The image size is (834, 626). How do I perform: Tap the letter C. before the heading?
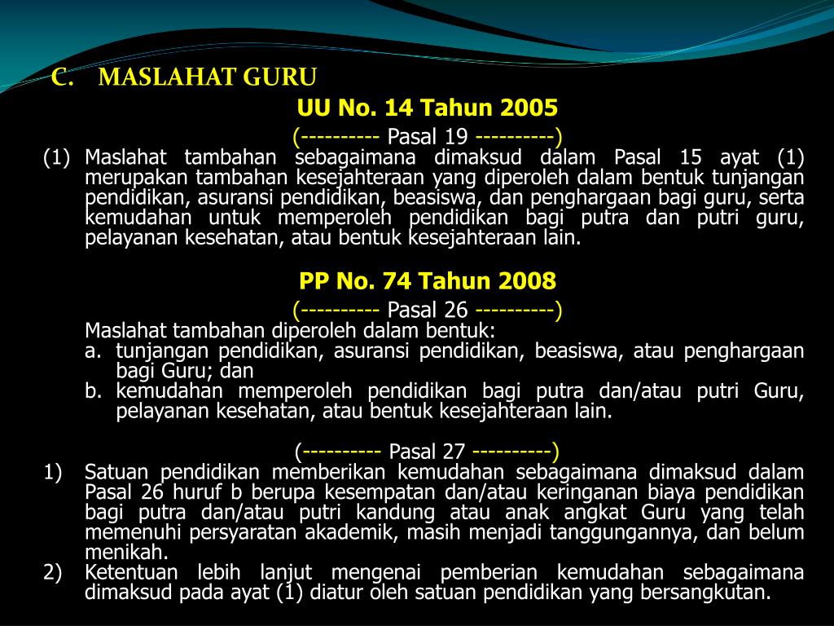(63, 77)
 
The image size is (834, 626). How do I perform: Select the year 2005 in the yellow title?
(529, 108)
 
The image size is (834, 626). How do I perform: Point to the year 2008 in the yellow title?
(528, 281)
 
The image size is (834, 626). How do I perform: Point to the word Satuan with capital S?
(115, 472)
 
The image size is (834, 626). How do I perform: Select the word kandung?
(402, 513)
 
